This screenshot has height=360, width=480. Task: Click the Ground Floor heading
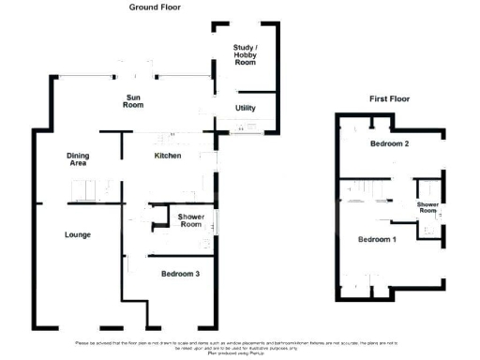click(x=155, y=7)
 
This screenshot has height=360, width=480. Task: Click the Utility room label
click(x=245, y=108)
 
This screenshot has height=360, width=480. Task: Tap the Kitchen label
click(x=167, y=156)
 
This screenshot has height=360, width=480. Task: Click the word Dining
click(x=77, y=155)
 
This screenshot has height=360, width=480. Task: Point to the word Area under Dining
click(x=77, y=163)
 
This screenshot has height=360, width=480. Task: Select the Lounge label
click(x=77, y=234)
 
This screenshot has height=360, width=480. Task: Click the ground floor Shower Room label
click(x=191, y=221)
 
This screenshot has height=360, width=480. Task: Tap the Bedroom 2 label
click(x=389, y=143)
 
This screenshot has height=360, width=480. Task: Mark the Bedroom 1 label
click(x=378, y=239)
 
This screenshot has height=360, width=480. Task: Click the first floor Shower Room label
click(x=428, y=208)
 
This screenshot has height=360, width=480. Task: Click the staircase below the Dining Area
click(x=87, y=190)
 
